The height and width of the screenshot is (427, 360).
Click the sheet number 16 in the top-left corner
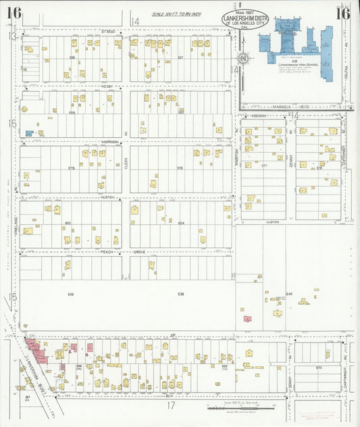(x=14, y=12)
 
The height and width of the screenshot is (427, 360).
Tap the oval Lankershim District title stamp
(x=245, y=20)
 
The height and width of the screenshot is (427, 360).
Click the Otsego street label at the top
(x=109, y=31)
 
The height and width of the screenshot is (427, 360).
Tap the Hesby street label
(x=107, y=86)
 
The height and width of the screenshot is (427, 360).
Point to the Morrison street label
(x=110, y=142)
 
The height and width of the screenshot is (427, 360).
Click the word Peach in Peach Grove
(x=107, y=251)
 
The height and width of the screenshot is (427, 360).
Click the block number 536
(x=71, y=58)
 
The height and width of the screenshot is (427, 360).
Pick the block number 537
(x=180, y=58)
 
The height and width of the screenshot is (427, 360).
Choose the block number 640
(x=289, y=294)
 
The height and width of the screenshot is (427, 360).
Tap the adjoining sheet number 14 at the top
(x=136, y=22)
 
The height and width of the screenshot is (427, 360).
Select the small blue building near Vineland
(x=29, y=133)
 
